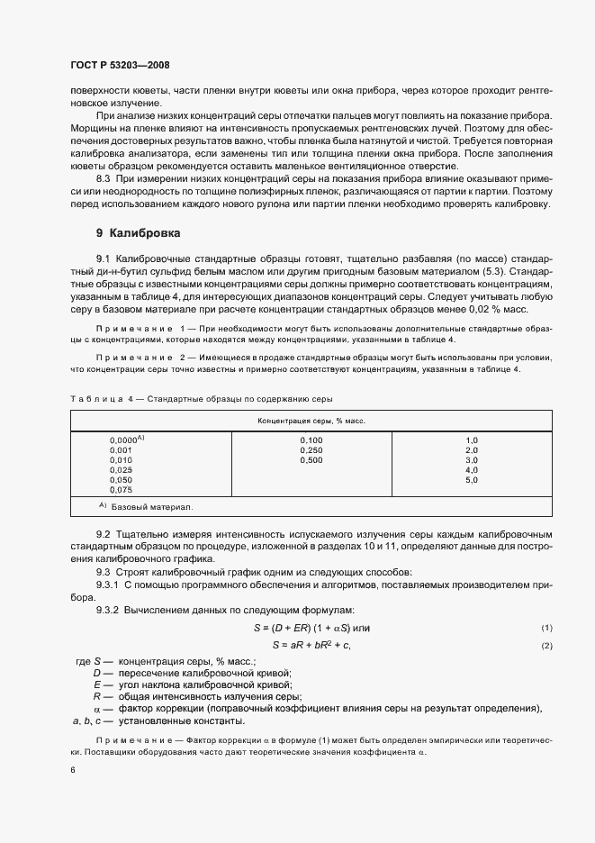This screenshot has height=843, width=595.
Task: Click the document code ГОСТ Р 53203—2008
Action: tap(119, 65)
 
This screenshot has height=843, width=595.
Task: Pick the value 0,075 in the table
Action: tap(121, 490)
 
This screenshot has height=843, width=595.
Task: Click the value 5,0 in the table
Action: tap(471, 480)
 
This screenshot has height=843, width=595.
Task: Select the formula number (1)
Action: tap(545, 627)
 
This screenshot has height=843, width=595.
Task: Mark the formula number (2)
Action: tap(545, 646)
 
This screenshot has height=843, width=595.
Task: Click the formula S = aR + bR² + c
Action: tap(311, 645)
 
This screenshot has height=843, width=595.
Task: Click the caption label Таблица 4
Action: tap(99, 374)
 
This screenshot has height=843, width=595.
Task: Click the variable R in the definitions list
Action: tap(97, 696)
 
